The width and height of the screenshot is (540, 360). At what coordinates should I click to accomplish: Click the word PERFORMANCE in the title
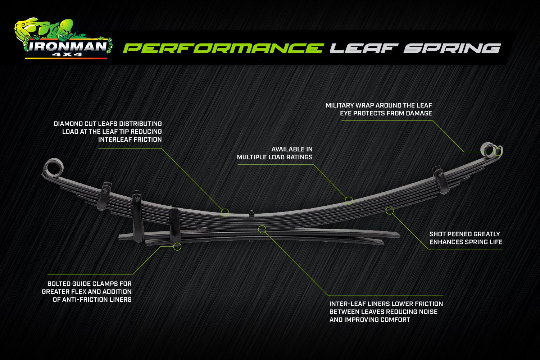[x=223, y=48]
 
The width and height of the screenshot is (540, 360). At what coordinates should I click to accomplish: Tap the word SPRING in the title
[x=452, y=48]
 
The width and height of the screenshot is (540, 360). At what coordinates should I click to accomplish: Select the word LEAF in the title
[x=364, y=48]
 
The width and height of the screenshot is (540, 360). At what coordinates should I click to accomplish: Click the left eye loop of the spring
[x=54, y=168]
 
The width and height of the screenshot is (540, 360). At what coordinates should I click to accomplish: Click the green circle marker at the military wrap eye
[x=498, y=152]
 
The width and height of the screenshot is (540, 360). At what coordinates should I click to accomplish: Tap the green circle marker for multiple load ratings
[x=349, y=200]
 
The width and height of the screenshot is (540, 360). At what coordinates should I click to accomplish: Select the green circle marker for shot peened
[x=390, y=210]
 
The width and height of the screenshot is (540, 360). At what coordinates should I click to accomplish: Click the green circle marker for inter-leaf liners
[x=262, y=229]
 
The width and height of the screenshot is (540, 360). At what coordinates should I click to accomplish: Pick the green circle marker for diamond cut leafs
[x=225, y=212]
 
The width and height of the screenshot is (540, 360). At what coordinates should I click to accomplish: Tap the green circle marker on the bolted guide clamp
[x=177, y=246]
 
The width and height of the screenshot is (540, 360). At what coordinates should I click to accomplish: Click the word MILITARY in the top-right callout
[x=340, y=105]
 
